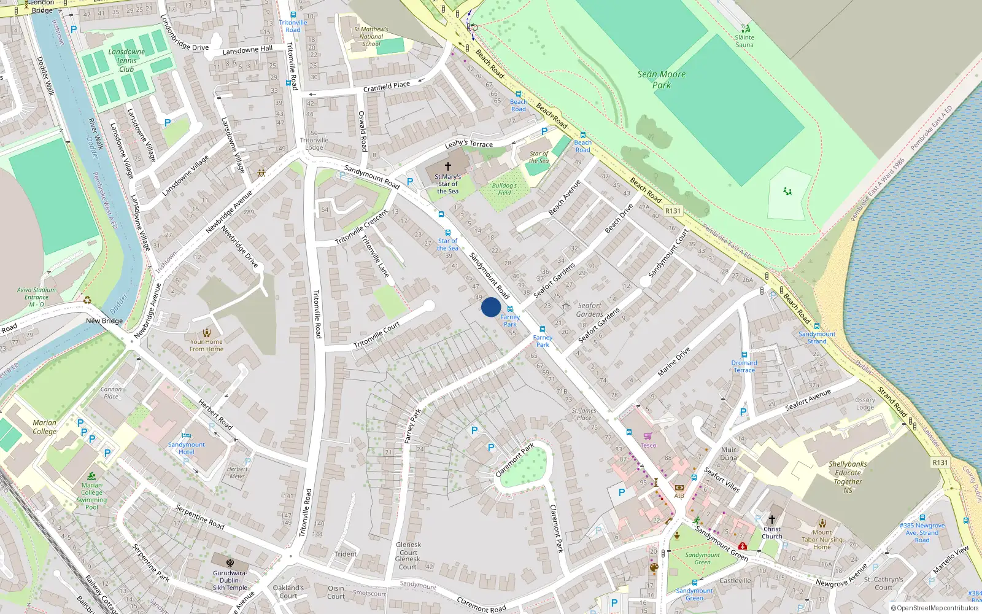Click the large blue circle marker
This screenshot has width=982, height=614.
click(490, 307)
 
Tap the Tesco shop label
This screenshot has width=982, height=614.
click(648, 445)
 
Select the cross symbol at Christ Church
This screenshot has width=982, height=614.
click(772, 519)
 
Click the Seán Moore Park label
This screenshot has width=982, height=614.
click(661, 80)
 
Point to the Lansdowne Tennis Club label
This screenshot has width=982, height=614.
click(126, 60)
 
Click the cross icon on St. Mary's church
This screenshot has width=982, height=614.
click(448, 166)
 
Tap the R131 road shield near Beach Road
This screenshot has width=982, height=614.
click(673, 211)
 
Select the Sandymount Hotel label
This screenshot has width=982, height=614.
click(187, 448)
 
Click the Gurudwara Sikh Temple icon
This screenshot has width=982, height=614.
click(230, 562)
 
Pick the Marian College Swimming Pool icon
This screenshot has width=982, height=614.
click(91, 476)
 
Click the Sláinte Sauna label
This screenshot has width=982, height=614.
click(744, 41)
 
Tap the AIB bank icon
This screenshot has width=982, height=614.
click(679, 488)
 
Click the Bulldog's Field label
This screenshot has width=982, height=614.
click(504, 189)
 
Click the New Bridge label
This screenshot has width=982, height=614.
click(104, 321)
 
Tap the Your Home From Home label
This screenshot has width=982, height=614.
click(206, 346)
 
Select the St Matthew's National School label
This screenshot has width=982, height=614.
click(371, 36)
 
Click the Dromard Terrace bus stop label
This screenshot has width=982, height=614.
click(744, 367)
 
